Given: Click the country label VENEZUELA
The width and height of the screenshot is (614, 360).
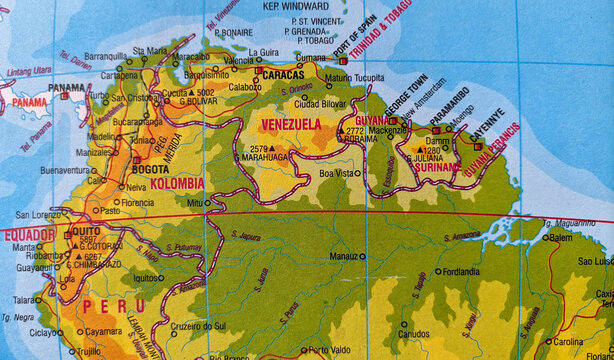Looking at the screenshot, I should tap(291, 124).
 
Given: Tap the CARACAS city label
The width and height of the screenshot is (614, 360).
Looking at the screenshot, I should tap(284, 73).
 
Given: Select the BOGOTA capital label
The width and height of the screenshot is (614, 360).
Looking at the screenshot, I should tap(151, 170).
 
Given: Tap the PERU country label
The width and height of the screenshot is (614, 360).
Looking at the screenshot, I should tap(106, 304).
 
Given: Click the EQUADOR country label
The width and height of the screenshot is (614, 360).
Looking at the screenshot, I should tap(28, 235).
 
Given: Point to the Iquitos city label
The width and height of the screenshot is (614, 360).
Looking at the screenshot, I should tap(146, 278).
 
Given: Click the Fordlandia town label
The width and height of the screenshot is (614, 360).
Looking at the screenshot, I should tap(462, 271).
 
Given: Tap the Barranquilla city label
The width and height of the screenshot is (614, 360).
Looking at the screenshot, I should tap(107, 56).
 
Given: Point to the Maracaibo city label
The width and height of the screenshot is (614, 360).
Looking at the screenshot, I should tap(190, 57).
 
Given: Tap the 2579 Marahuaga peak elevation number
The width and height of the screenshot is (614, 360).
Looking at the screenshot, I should tap(260, 148).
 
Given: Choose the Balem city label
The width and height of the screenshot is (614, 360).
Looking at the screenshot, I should tap(561, 238).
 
